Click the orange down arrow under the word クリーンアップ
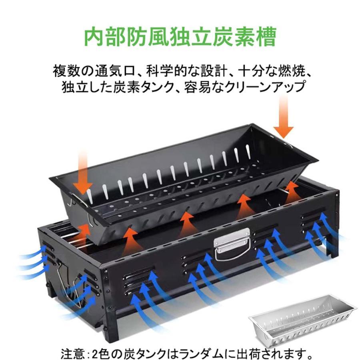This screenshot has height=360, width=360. tap(284, 117)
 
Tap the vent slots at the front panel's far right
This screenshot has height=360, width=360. tap(313, 223)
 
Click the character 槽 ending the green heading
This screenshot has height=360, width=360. tap(266, 37)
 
